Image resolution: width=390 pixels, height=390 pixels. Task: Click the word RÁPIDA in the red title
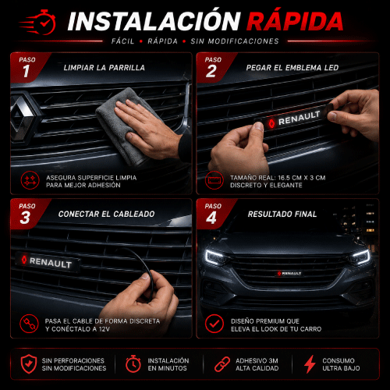(295, 20)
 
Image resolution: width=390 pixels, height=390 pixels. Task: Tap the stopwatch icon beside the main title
(44, 23)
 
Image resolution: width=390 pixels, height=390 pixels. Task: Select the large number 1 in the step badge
(26, 71)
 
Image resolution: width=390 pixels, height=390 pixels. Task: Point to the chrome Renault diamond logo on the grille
(23, 119)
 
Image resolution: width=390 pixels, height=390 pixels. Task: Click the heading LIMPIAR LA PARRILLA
(105, 68)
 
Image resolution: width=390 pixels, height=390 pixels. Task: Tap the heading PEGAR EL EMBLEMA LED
(292, 68)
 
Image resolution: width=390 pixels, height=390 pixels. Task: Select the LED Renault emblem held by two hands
(294, 119)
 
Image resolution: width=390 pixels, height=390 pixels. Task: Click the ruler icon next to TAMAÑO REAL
(214, 180)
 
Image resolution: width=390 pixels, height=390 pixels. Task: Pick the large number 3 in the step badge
(25, 218)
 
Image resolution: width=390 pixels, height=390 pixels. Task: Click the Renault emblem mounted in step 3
(48, 262)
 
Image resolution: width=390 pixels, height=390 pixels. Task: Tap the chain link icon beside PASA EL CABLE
(29, 324)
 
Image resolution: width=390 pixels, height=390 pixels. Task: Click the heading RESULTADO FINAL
(282, 214)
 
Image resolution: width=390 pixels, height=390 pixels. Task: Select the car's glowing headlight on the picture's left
(216, 257)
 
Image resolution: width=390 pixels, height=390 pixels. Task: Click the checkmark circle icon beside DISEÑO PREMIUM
(214, 324)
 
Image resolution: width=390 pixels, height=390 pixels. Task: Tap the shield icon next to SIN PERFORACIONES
(29, 364)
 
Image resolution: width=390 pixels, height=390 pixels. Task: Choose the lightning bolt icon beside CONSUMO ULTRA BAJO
(310, 364)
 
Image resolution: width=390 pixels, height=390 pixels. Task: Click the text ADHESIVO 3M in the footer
(257, 360)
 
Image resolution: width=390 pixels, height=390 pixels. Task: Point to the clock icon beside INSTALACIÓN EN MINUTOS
(133, 363)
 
